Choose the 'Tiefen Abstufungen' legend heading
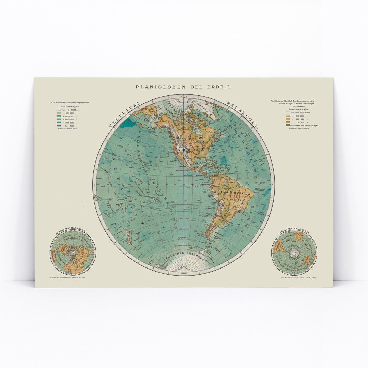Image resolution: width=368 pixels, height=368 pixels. tap(67, 106)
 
